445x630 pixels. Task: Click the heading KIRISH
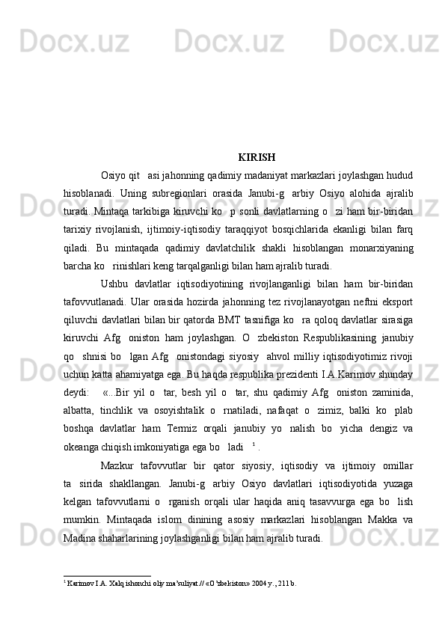tap(257, 158)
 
